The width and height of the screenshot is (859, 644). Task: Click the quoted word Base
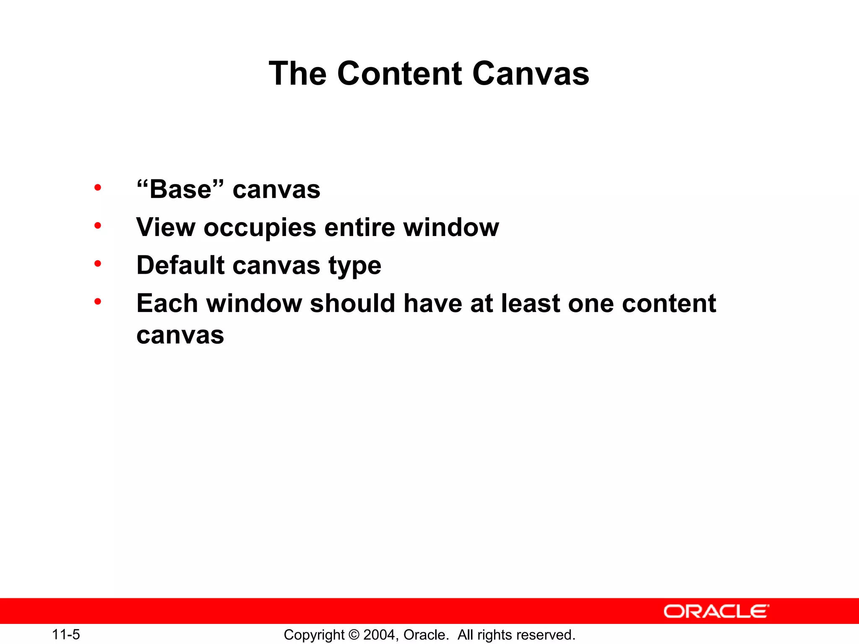point(180,189)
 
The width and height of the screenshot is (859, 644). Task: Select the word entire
point(359,227)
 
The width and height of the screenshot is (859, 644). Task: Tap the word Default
point(181,265)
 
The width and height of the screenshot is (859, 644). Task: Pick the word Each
point(167,303)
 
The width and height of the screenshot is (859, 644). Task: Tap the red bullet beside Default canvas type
point(98,264)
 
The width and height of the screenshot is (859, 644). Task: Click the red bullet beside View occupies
point(98,226)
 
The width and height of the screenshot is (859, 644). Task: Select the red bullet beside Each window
point(98,301)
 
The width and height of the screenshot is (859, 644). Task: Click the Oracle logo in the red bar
point(716,611)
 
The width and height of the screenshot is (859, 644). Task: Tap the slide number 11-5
point(66,635)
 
